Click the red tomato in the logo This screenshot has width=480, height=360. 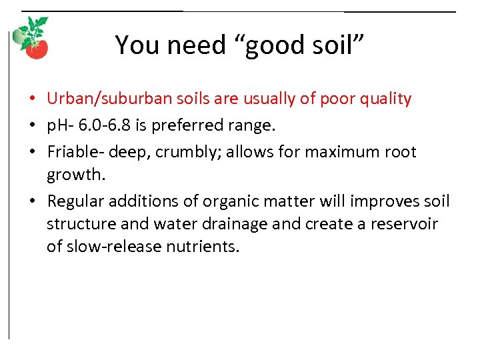[x=38, y=49]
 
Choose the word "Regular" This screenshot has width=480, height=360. [x=76, y=201]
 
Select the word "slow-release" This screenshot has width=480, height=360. [x=109, y=247]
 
